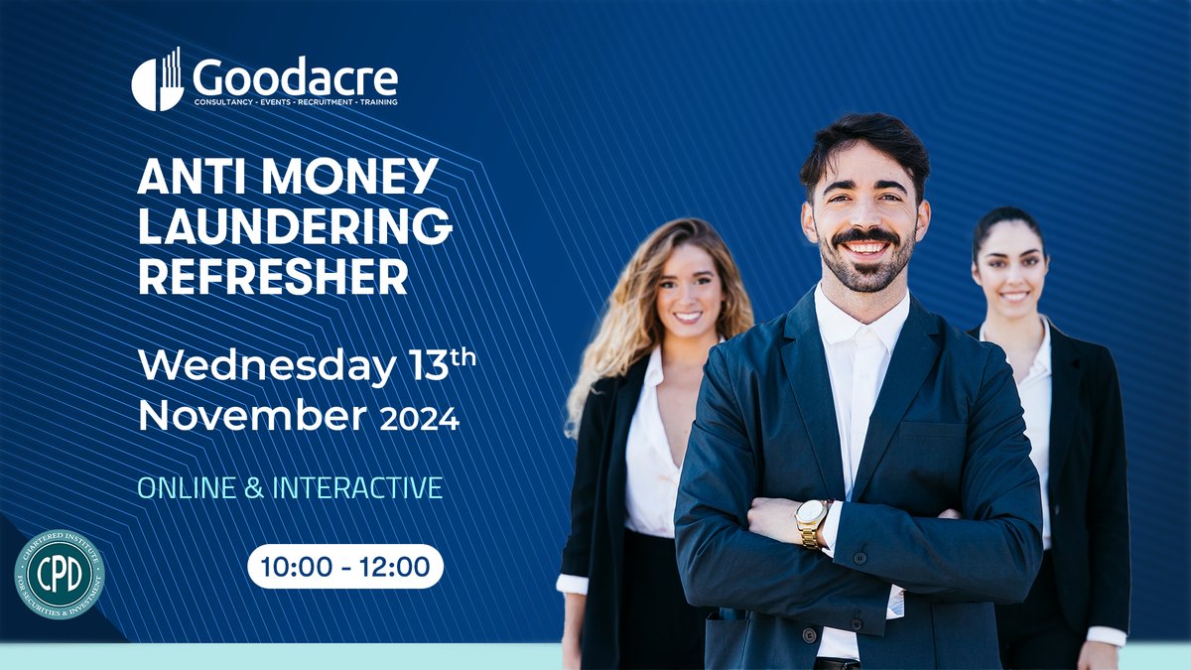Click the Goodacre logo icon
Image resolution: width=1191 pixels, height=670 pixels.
coord(157,80)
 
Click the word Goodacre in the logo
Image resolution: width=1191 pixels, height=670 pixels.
coord(295,75)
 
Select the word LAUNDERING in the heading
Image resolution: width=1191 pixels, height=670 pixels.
coord(295,228)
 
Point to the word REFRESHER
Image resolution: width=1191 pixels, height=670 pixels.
coord(273,277)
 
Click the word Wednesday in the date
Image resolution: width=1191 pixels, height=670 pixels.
coord(266,367)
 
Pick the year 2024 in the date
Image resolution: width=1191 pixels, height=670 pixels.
coord(420,419)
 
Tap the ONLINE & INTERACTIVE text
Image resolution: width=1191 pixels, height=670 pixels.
coord(290,488)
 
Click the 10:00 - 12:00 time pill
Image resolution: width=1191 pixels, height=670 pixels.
coord(344,567)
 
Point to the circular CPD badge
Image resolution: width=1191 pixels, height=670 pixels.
coord(60,574)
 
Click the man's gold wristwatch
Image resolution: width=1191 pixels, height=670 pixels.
coord(812,522)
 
